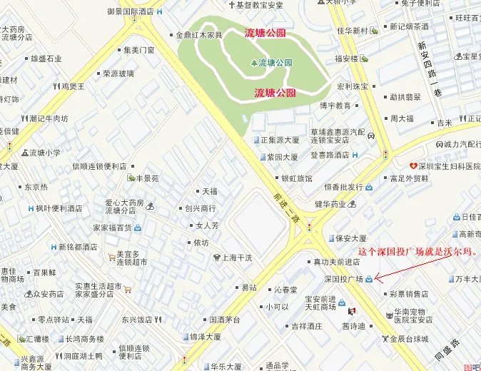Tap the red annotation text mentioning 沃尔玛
417,252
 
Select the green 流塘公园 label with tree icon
271,63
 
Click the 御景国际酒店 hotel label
131,11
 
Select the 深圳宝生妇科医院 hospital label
448,166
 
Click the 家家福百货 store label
113,228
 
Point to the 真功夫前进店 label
337,262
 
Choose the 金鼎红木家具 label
199,34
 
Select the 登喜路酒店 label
330,154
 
